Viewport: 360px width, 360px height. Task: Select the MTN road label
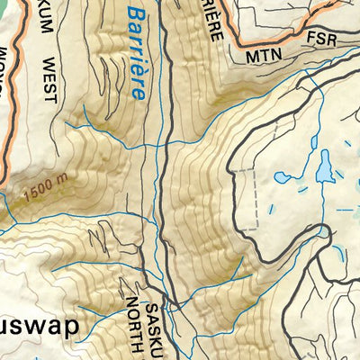pos(265,58)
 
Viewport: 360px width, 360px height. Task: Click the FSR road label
pos(320,40)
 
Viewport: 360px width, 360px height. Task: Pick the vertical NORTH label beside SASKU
pos(136,319)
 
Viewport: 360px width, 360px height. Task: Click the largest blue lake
pos(321,166)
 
